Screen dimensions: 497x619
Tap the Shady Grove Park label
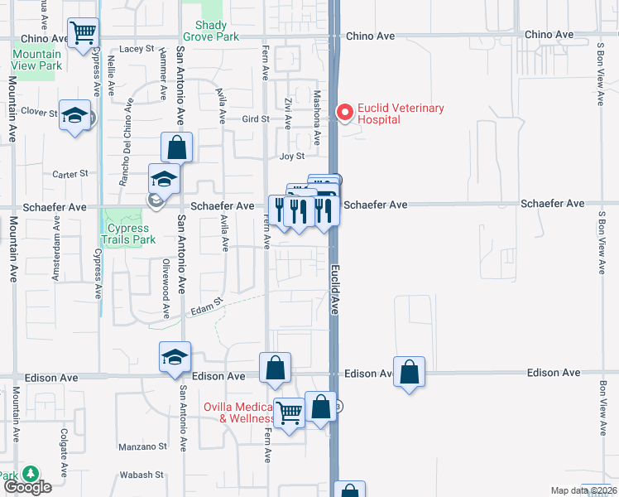pyautogui.click(x=216, y=31)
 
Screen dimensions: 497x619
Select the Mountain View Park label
pyautogui.click(x=36, y=60)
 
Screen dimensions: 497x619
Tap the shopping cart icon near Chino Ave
pyautogui.click(x=83, y=34)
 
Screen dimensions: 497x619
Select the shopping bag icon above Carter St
pyautogui.click(x=177, y=147)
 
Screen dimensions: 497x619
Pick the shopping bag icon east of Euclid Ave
pyautogui.click(x=410, y=372)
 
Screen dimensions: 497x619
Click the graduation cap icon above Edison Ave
pyautogui.click(x=175, y=357)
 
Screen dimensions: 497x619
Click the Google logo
pyautogui.click(x=27, y=486)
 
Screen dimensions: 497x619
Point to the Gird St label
pyautogui.click(x=256, y=119)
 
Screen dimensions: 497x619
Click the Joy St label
pyautogui.click(x=292, y=156)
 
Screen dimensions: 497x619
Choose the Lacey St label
pyautogui.click(x=137, y=49)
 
